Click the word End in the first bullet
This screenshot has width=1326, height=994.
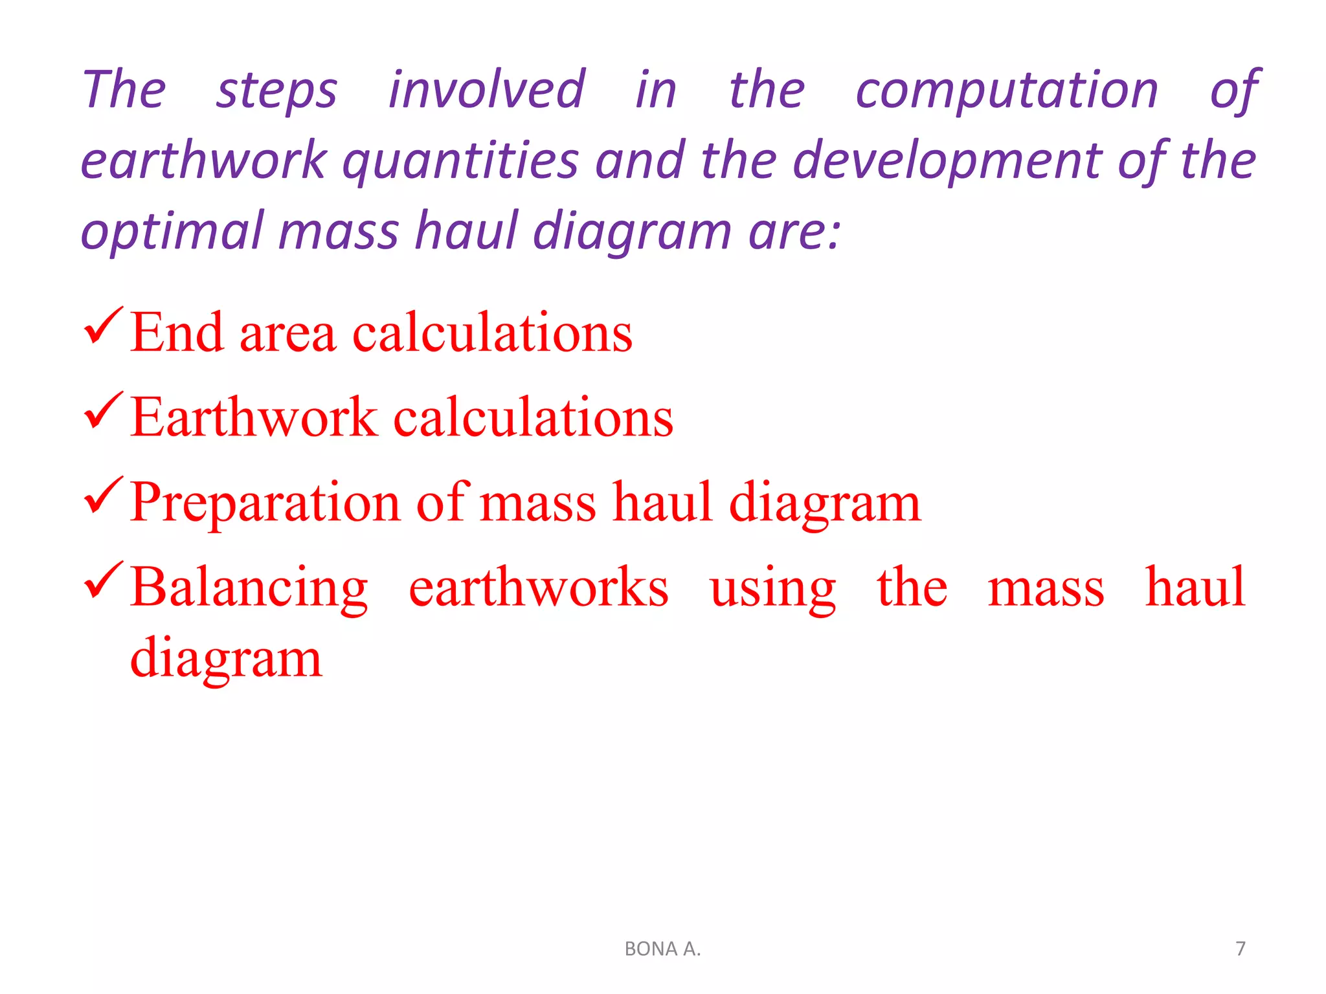coord(177,333)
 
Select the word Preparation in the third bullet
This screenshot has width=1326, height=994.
coord(265,504)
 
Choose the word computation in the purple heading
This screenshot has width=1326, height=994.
coord(1007,91)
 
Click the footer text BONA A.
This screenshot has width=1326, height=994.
coord(662,949)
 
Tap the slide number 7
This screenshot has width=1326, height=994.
coord(1240,949)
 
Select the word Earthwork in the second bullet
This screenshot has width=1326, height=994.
coord(254,417)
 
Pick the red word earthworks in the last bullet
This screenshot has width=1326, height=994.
coord(539,588)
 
